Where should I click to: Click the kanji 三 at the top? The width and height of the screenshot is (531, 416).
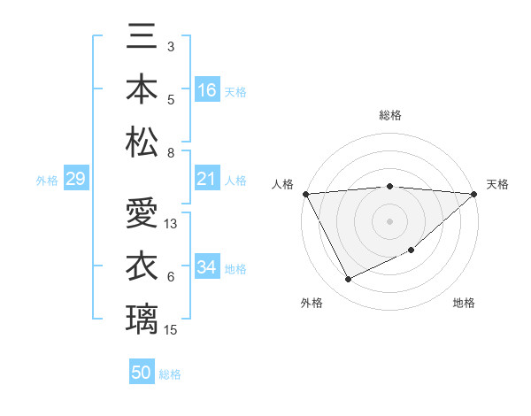(x=142, y=39)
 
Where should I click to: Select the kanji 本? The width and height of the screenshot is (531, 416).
(x=142, y=89)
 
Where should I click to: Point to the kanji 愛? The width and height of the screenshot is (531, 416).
(x=142, y=215)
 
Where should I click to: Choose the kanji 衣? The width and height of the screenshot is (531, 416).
(x=142, y=266)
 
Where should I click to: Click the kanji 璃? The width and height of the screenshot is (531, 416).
(x=142, y=318)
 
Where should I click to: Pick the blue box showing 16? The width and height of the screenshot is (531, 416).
(x=207, y=89)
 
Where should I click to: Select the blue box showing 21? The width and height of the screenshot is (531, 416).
(x=207, y=179)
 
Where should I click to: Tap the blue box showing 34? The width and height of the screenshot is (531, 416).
(x=207, y=267)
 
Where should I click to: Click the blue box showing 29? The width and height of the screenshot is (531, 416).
(x=75, y=179)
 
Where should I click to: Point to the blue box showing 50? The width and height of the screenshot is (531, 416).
(x=142, y=373)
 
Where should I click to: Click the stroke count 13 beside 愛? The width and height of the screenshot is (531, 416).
(x=171, y=224)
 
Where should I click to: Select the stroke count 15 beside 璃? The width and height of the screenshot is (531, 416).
(x=171, y=330)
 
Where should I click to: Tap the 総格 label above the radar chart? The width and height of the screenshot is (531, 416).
(x=389, y=115)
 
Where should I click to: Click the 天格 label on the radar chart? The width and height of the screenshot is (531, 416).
(x=498, y=184)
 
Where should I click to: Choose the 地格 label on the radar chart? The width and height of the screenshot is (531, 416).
(x=464, y=303)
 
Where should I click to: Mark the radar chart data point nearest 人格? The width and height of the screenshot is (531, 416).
(x=305, y=193)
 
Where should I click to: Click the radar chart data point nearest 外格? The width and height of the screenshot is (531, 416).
(x=348, y=280)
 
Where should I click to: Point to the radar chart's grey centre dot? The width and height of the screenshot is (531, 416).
(x=389, y=220)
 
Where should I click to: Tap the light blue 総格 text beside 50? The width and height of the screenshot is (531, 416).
(x=170, y=374)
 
